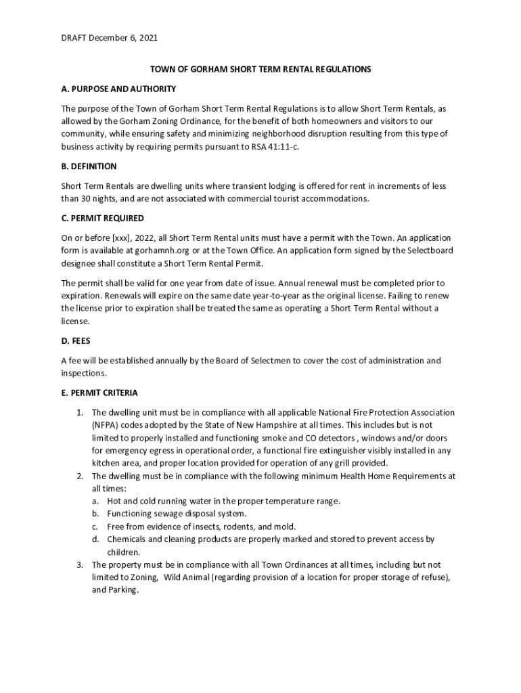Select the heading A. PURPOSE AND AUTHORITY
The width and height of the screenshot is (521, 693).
point(118,89)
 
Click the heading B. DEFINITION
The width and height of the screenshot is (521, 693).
point(89,166)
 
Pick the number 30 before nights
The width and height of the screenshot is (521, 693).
point(86,198)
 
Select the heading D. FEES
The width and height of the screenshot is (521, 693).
point(75,340)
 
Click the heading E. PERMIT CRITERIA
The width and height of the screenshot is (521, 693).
point(99,393)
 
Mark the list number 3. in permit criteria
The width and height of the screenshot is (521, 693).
point(79,564)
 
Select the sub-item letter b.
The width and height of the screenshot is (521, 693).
point(95,514)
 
